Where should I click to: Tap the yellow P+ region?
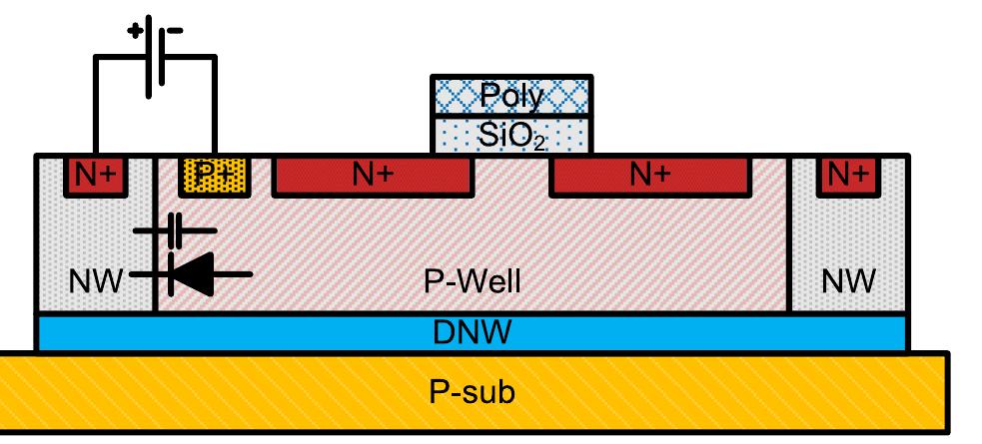pos(210,177)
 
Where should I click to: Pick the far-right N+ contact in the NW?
pos(848,176)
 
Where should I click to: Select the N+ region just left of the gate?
pos(372,177)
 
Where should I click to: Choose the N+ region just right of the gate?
pos(649,177)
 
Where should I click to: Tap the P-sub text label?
pos(473,391)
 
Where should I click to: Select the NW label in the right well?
pos(849,280)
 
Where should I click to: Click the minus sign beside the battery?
pos(176,30)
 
